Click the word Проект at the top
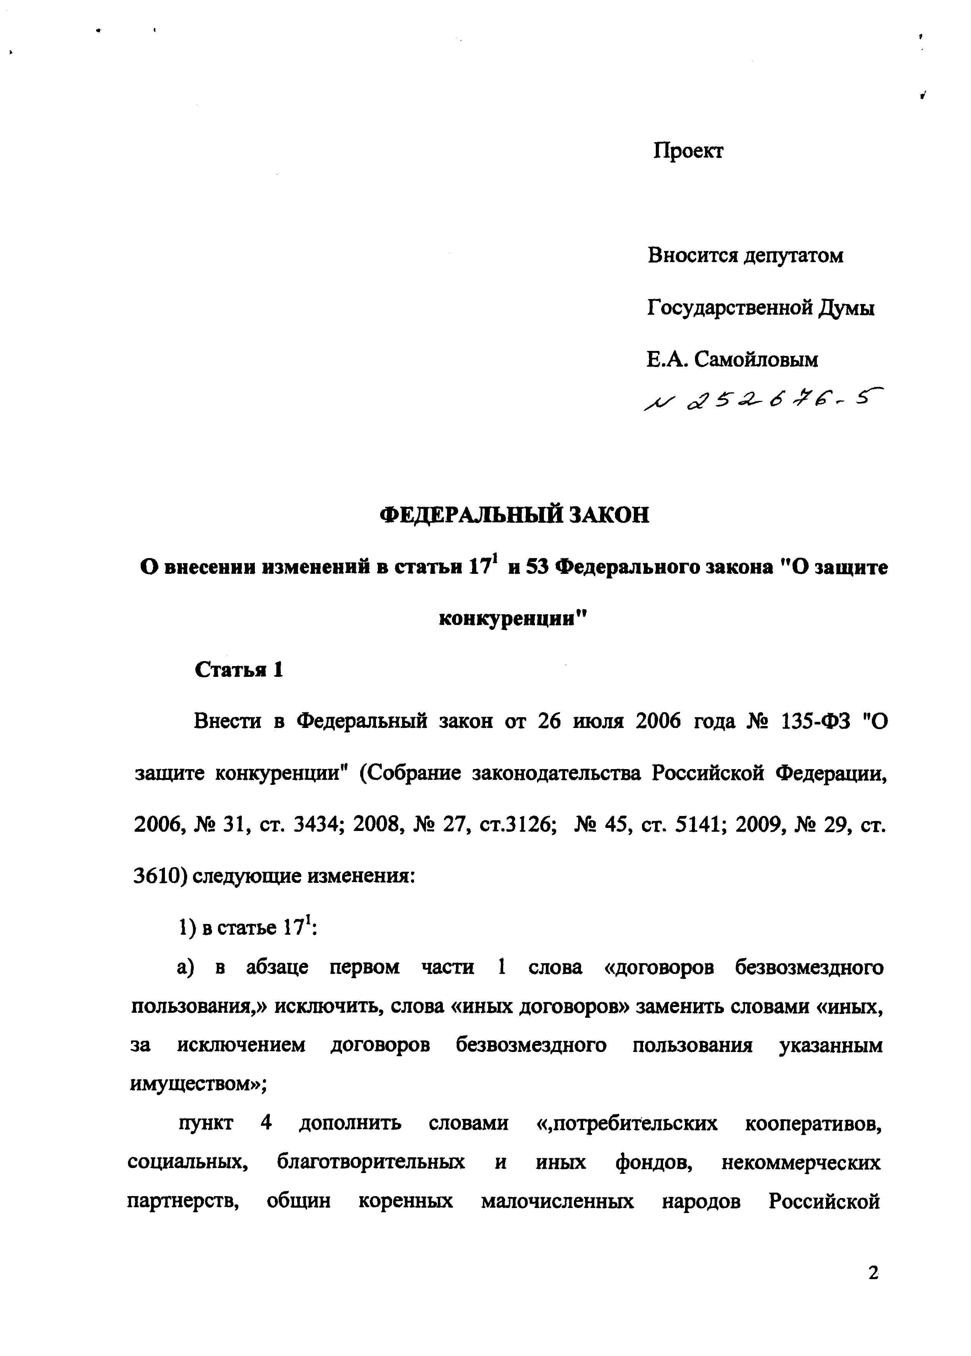[688, 151]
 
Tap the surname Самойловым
[757, 360]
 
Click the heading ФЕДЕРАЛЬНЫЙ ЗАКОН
[514, 515]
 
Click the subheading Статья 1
[239, 670]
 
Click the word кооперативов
[813, 1123]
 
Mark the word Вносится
[691, 256]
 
